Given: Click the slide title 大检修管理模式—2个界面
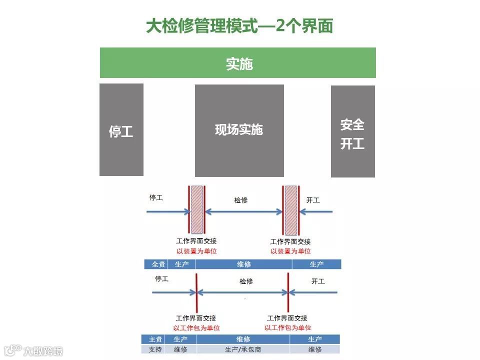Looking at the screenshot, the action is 239,26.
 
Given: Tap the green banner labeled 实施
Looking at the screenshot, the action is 238,63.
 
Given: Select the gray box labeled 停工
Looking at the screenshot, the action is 121,130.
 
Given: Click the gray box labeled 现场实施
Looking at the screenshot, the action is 239,130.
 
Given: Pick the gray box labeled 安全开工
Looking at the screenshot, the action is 352,131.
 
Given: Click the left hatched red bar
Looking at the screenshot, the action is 197,210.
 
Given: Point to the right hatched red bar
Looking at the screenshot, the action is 291,210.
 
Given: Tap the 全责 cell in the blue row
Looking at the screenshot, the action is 158,264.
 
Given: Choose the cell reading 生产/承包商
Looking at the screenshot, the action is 243,349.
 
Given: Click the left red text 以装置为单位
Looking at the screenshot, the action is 196,251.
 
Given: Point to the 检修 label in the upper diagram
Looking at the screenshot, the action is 241,200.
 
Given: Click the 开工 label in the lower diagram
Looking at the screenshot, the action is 318,281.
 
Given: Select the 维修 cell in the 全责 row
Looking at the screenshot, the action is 243,264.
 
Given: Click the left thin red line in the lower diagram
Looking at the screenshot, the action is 196,292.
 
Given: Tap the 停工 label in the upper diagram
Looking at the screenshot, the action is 156,197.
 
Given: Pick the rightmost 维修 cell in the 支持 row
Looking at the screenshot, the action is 315,349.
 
